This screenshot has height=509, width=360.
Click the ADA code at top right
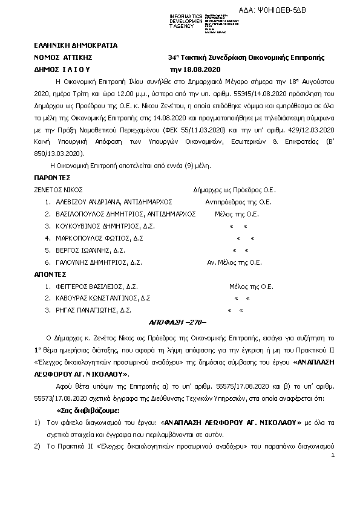coord(308,8)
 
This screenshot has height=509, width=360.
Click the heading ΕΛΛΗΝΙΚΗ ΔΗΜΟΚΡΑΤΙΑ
coord(76,45)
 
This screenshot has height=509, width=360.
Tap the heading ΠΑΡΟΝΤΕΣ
coord(53,178)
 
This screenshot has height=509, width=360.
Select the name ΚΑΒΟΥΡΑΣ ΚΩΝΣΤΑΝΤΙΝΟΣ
coord(98,299)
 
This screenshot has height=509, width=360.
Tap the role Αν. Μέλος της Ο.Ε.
coord(235,262)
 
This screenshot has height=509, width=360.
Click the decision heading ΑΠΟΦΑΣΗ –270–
coord(178,323)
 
